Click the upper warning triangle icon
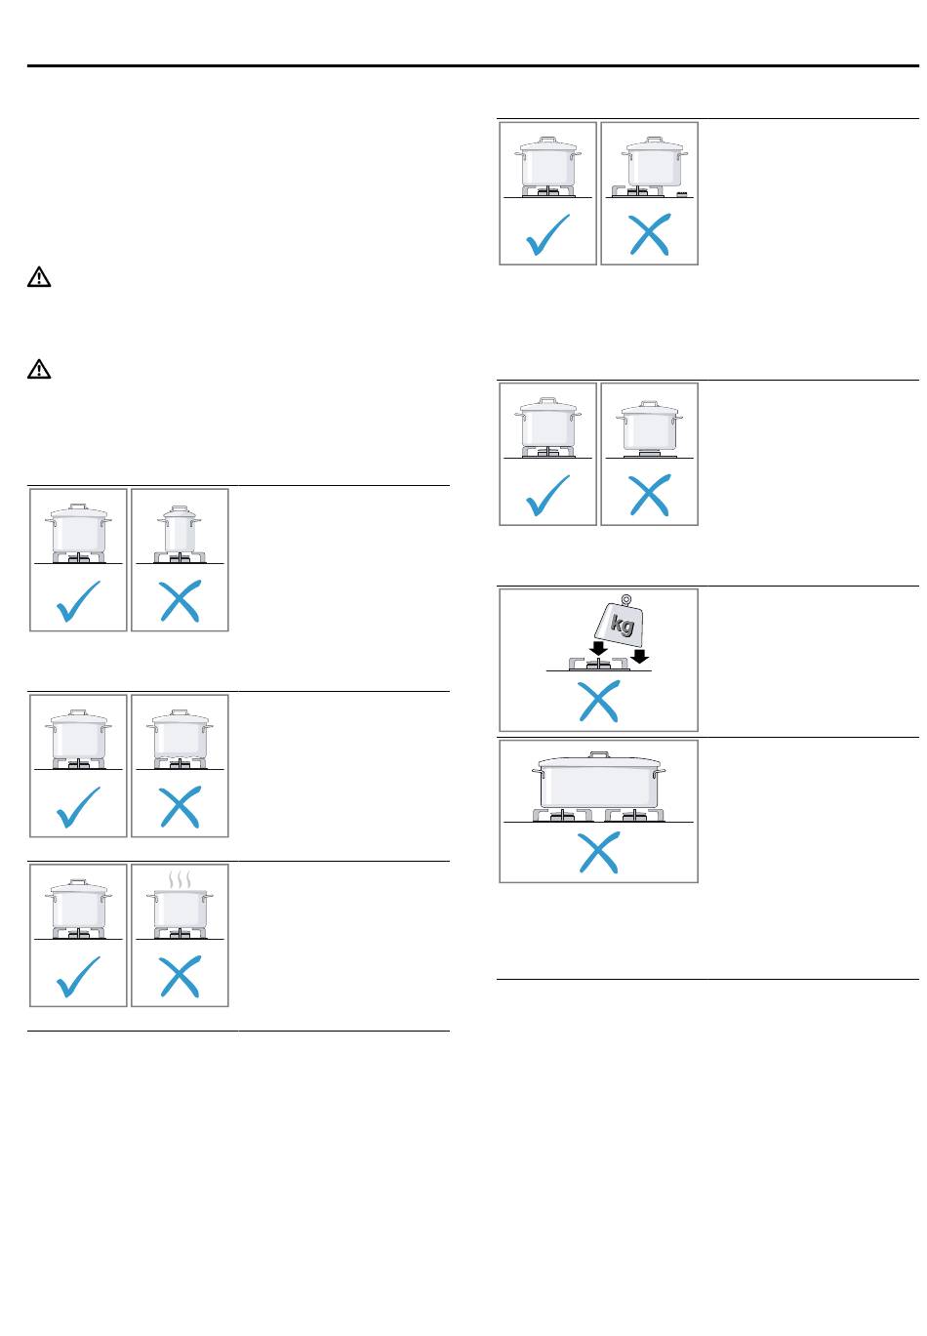39,277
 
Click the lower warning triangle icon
39,369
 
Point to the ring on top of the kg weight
625,599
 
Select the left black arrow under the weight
598,648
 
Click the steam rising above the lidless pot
180,880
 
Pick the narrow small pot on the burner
180,529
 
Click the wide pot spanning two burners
598,780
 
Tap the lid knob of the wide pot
599,754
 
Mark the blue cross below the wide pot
598,852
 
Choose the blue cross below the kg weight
598,702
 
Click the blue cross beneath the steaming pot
181,976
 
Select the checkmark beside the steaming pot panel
78,976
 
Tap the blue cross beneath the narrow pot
181,600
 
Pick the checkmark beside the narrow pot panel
78,600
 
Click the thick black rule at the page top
473,65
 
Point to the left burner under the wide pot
562,815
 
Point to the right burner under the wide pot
634,815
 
